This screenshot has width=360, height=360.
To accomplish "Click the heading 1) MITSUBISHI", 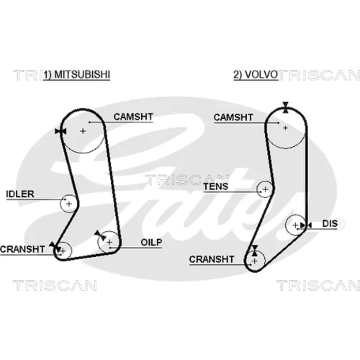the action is click(77, 75).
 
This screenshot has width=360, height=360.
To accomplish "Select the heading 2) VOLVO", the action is click(256, 75).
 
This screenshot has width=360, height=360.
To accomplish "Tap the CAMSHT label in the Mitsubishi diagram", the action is click(133, 117).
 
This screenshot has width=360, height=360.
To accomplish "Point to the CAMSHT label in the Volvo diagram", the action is click(233, 117).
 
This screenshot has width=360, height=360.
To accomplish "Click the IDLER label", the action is click(20, 194).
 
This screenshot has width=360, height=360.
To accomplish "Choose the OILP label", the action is click(151, 243).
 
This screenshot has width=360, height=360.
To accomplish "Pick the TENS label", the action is click(216, 186).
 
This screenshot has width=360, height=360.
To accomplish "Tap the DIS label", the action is click(330, 224).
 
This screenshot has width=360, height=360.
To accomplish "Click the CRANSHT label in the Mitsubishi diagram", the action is click(22, 249).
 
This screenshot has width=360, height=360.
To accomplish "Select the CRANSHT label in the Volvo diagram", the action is click(212, 259).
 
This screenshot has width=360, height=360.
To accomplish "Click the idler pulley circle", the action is click(60, 204).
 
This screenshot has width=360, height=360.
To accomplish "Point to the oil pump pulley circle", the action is click(99, 242).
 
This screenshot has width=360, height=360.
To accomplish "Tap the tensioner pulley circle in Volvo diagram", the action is click(257, 189).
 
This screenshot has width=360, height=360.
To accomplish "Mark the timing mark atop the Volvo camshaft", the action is click(285, 107).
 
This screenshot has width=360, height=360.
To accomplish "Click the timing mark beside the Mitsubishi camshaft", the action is click(60, 131).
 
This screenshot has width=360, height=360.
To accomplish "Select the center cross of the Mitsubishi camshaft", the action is click(83, 131).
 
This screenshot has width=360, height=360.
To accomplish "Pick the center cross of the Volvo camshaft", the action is click(285, 128).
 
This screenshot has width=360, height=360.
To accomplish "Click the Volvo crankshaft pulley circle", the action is click(265, 261).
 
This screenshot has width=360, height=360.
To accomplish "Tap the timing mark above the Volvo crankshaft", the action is click(255, 251).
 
